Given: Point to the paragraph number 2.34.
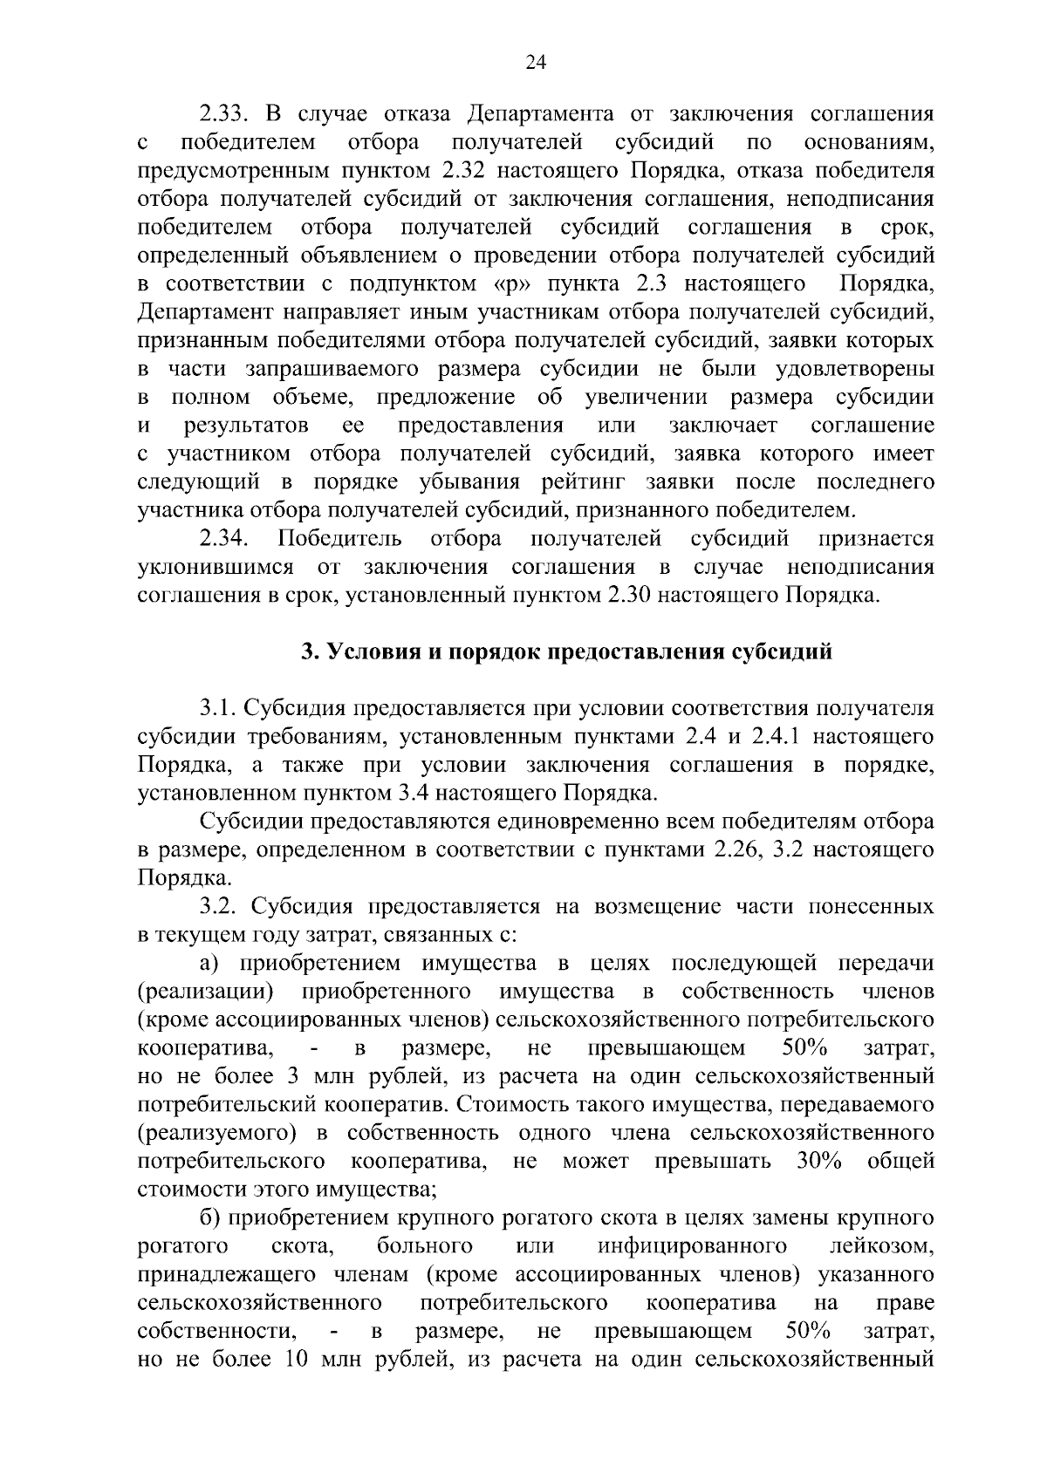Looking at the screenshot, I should click(225, 538).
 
